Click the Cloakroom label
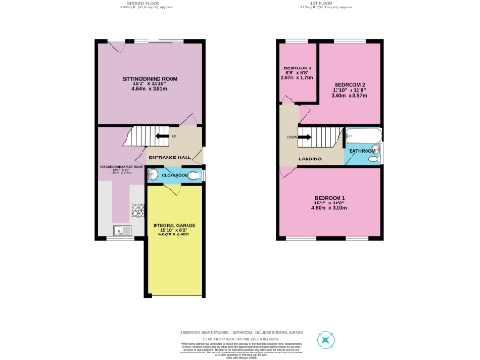pyautogui.click(x=175, y=175)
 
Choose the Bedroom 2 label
pyautogui.click(x=351, y=83)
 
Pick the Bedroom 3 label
pyautogui.click(x=297, y=69)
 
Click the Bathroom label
pyautogui.click(x=362, y=151)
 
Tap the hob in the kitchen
pyautogui.click(x=137, y=211)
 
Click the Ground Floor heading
pyautogui.click(x=146, y=4)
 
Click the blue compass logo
pyautogui.click(x=326, y=339)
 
